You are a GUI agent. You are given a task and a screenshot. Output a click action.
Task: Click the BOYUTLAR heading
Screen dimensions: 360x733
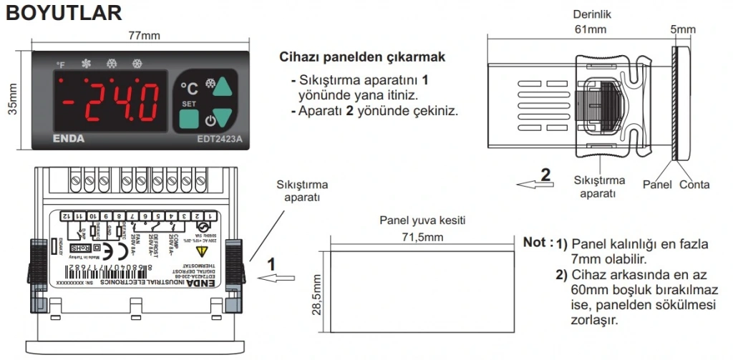64,14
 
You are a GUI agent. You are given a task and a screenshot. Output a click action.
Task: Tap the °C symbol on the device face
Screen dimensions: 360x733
189,89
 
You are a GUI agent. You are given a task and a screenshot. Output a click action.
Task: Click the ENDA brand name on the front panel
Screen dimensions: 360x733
69,139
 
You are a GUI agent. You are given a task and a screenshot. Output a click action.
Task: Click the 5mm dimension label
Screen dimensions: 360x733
682,29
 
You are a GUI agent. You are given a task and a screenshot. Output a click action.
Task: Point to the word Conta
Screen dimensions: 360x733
694,185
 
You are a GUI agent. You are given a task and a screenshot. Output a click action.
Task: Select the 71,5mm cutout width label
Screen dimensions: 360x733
422,235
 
